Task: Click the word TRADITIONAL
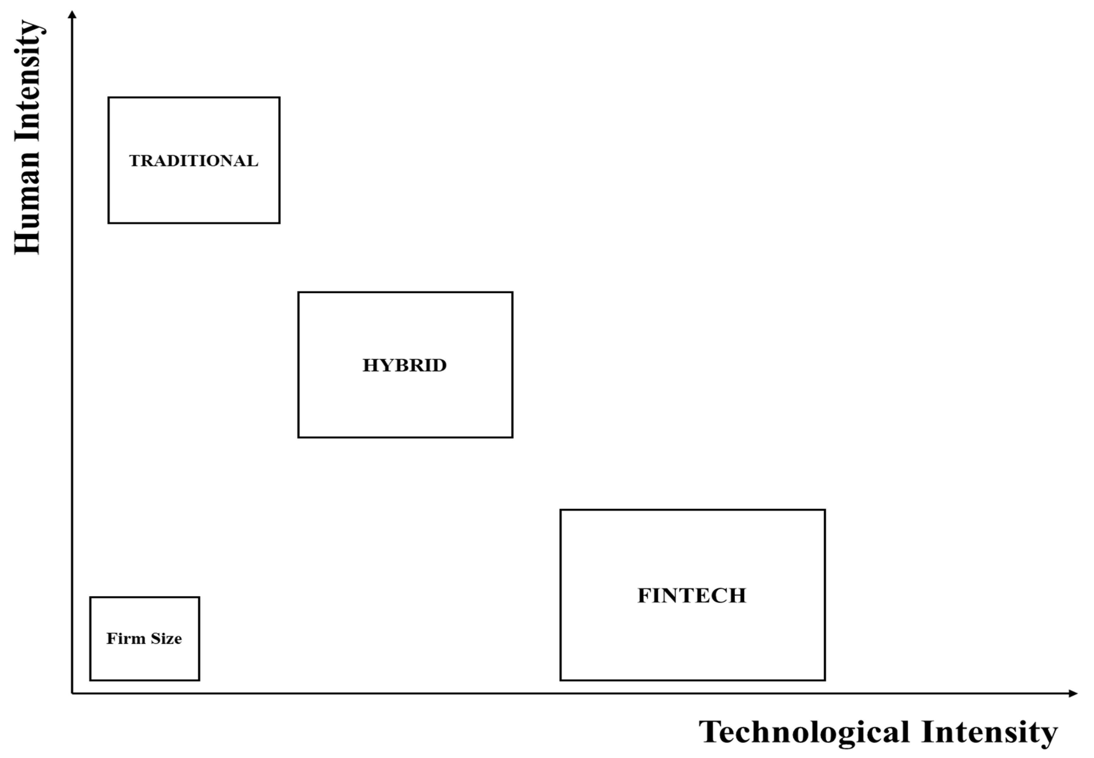tap(193, 161)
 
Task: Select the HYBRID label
tap(405, 365)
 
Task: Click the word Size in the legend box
tap(166, 638)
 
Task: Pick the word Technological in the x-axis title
tap(804, 732)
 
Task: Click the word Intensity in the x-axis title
tap(989, 732)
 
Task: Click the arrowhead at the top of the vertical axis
tap(72, 14)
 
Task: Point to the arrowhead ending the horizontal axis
tap(1073, 693)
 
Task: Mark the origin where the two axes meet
tap(72, 693)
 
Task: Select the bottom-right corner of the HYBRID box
tap(512, 437)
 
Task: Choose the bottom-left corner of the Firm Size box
tap(90, 680)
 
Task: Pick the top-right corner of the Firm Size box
tap(199, 597)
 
